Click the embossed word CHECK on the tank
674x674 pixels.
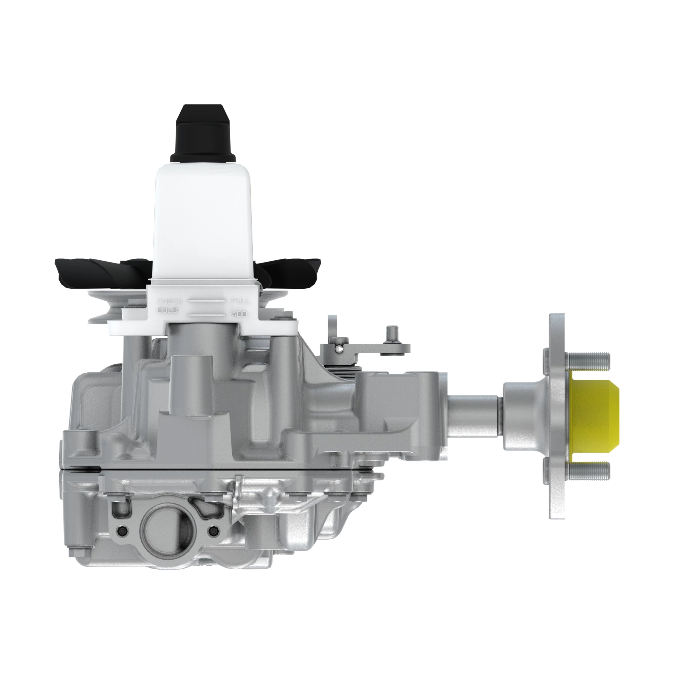coord(169,301)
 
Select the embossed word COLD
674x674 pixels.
coord(167,310)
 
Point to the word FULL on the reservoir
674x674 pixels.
coord(240,301)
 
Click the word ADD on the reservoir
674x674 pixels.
coord(239,314)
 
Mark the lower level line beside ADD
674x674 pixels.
coord(207,315)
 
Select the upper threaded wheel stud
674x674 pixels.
coord(588,358)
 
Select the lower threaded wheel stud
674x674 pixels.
coord(588,471)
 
